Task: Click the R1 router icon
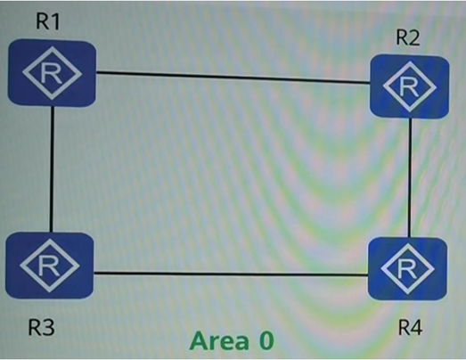click(52, 73)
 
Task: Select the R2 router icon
click(409, 86)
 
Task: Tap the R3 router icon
click(50, 266)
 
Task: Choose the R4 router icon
click(407, 268)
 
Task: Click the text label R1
click(48, 21)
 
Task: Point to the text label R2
click(408, 37)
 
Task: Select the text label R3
click(41, 327)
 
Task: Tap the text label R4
click(410, 328)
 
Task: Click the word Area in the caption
click(219, 340)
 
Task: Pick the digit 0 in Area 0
click(266, 341)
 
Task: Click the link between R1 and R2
click(233, 78)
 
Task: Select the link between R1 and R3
click(52, 169)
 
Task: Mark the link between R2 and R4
click(410, 177)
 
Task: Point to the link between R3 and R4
click(231, 274)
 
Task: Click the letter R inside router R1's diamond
click(52, 73)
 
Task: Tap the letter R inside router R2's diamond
click(410, 86)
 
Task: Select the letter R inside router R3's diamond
click(49, 266)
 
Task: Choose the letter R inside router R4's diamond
click(407, 269)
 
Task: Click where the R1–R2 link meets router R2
click(370, 82)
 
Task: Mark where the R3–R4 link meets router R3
click(94, 273)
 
